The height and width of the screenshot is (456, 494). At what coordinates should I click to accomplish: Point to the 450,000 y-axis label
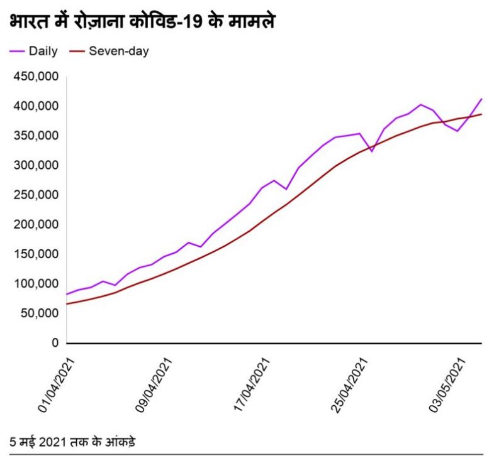point(36,77)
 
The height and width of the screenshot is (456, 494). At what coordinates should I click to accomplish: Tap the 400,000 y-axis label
point(36,106)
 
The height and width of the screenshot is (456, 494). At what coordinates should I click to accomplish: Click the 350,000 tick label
point(36,136)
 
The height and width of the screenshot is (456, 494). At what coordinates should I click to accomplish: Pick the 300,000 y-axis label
point(36,165)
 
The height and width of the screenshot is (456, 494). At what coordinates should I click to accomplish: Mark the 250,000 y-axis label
point(36,195)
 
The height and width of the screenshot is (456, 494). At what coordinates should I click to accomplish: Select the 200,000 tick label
point(36,224)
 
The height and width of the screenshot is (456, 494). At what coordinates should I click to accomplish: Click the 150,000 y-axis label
point(36,254)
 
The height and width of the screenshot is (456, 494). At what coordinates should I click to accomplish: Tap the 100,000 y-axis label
point(36,284)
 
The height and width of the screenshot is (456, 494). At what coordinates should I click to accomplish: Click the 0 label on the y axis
point(55,343)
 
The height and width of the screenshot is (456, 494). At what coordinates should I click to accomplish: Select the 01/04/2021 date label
point(57,385)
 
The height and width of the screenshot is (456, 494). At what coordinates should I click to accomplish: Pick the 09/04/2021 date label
point(155,385)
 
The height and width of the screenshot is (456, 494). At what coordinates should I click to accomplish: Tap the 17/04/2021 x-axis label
point(252,385)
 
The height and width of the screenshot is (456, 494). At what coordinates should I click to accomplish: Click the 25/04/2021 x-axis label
point(350,385)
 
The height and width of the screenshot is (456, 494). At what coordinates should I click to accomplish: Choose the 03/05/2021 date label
point(447,385)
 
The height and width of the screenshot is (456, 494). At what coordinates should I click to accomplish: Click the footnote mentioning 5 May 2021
point(72,441)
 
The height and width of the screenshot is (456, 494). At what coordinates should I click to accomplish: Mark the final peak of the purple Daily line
point(481,99)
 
